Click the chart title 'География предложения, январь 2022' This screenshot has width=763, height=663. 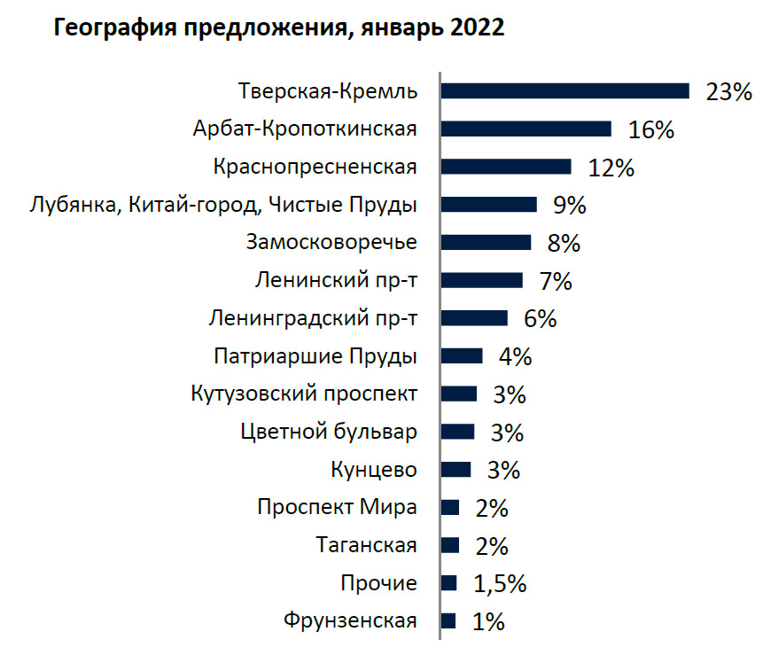pyautogui.click(x=279, y=28)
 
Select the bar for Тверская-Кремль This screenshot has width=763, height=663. pyautogui.click(x=564, y=90)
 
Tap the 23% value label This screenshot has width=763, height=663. pyautogui.click(x=728, y=91)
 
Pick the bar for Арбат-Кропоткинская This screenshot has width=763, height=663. pyautogui.click(x=526, y=129)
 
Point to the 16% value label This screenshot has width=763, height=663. pyautogui.click(x=651, y=129)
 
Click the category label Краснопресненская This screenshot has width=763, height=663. pyautogui.click(x=315, y=167)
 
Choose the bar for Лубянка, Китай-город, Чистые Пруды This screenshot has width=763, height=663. pyautogui.click(x=488, y=205)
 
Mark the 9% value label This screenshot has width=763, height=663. pyautogui.click(x=570, y=206)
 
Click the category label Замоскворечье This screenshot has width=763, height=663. pyautogui.click(x=331, y=242)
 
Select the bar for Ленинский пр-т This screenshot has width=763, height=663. pyautogui.click(x=481, y=280)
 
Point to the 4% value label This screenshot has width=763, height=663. pyautogui.click(x=515, y=357)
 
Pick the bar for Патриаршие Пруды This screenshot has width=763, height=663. pyautogui.click(x=462, y=356)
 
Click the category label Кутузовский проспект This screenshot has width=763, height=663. pyautogui.click(x=304, y=394)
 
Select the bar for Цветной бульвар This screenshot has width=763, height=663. pyautogui.click(x=457, y=432)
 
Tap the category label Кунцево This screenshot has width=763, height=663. pyautogui.click(x=373, y=469)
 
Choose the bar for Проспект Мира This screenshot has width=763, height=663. pyautogui.click(x=450, y=507)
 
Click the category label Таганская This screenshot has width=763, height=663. pyautogui.click(x=366, y=545)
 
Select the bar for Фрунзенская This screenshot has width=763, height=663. pyautogui.click(x=448, y=620)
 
